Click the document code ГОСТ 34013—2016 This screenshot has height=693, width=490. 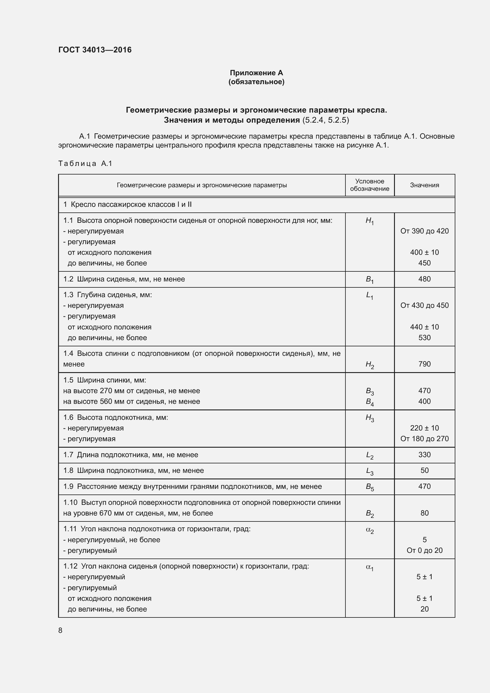[x=95, y=50]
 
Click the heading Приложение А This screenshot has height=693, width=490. [x=256, y=73]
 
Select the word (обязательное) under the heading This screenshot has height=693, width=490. [x=256, y=82]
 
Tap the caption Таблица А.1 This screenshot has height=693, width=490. [x=85, y=164]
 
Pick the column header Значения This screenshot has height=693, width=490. [x=424, y=185]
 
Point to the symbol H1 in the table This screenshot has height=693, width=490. [x=369, y=221]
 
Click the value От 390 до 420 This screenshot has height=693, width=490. [x=424, y=231]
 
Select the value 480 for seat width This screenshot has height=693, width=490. [x=424, y=279]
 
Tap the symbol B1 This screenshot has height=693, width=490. [x=369, y=280]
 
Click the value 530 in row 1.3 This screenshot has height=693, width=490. [x=424, y=338]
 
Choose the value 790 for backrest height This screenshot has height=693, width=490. [x=424, y=364]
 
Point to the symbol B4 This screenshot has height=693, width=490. [x=369, y=402]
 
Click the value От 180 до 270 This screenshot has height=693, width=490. [x=424, y=439]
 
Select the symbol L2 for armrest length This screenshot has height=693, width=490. [x=369, y=455]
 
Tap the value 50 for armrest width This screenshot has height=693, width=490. [x=424, y=470]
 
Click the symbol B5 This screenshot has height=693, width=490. [x=369, y=487]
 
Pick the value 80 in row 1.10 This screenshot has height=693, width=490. [x=424, y=513]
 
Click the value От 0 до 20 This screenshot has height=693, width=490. [x=424, y=550]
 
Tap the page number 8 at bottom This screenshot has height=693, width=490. [x=60, y=630]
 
